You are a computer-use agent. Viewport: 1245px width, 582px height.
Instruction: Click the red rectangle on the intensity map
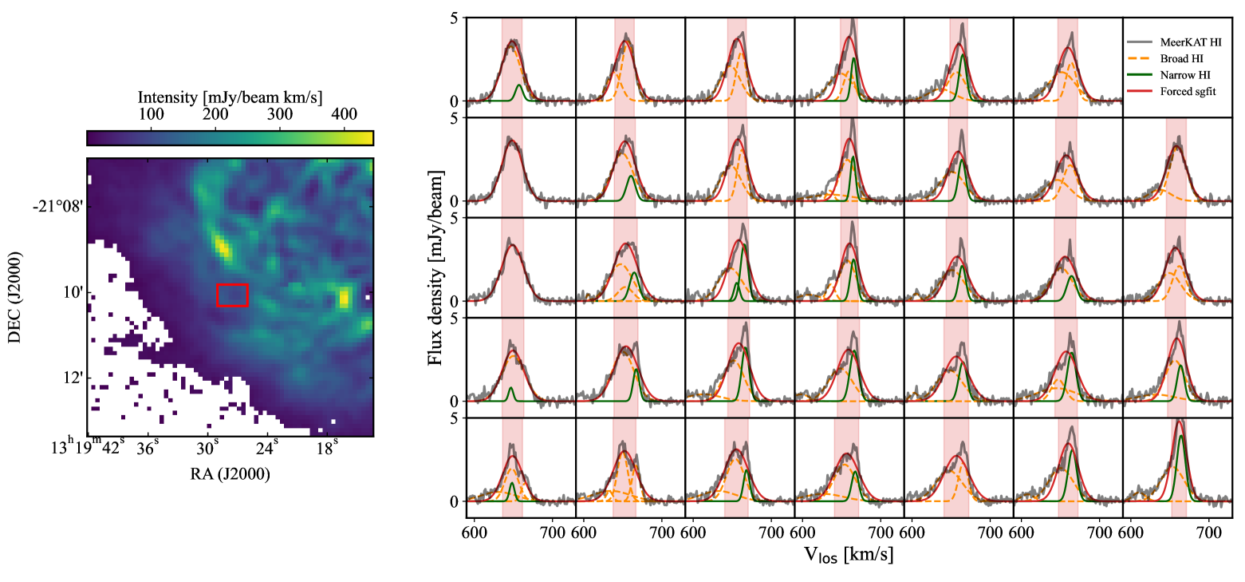(x=232, y=295)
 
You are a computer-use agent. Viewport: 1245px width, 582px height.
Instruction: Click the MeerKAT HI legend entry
(x=1193, y=39)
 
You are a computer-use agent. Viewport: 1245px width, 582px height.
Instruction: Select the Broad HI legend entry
(x=1187, y=57)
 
